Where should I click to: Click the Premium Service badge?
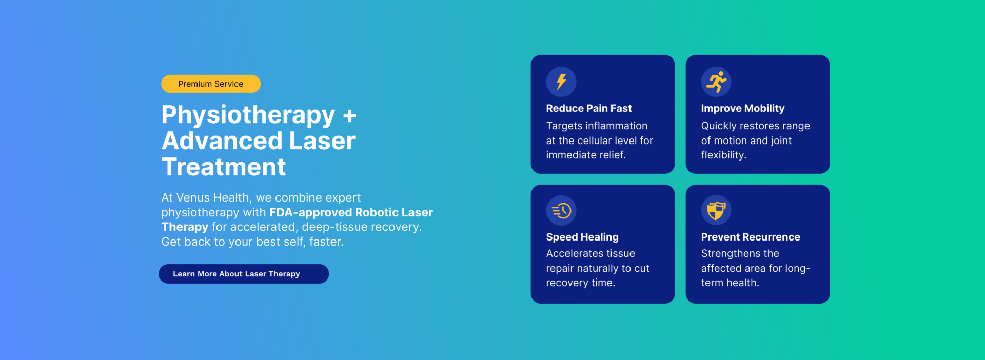pos(211,84)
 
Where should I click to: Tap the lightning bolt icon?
pos(561,82)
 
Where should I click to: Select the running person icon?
pos(717,82)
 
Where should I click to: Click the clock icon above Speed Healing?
pos(561,210)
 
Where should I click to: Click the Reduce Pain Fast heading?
pos(589,108)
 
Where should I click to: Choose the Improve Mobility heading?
pos(743,108)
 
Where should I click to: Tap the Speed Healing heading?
pos(582,237)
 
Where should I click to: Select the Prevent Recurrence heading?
pos(751,237)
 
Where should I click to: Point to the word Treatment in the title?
pos(224,167)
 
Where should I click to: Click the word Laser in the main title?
pos(322,141)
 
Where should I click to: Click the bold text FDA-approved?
pos(310,212)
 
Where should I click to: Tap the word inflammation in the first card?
pos(616,126)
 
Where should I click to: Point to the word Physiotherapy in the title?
pos(248,115)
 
